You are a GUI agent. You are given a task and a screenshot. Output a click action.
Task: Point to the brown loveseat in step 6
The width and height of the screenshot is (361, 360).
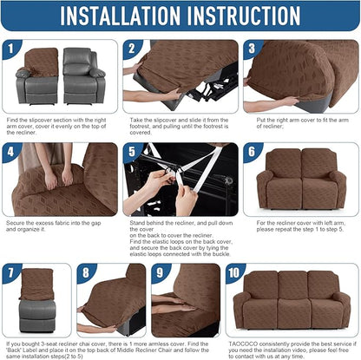pos(302,182)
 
